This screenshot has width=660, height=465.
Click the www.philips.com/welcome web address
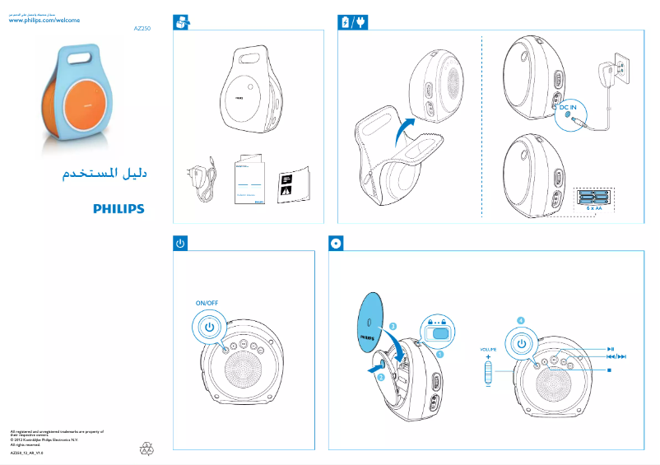click(x=44, y=20)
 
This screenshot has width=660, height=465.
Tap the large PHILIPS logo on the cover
click(x=118, y=209)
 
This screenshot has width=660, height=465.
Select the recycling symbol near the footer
click(x=146, y=449)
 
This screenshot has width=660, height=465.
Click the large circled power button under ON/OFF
click(x=210, y=327)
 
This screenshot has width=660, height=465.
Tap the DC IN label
click(x=568, y=107)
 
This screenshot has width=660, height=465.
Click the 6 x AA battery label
click(x=593, y=209)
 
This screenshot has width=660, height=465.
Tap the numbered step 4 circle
click(x=520, y=319)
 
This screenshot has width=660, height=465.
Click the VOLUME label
click(x=489, y=350)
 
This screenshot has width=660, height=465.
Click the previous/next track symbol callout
click(x=616, y=356)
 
